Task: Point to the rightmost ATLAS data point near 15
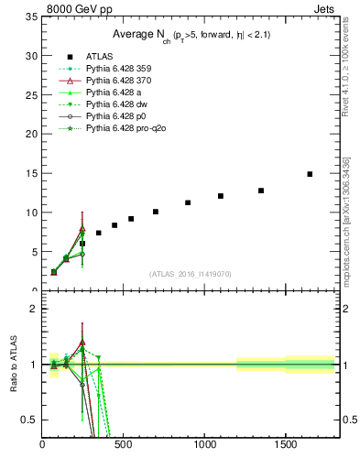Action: pyautogui.click(x=310, y=174)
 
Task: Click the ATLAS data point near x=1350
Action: pyautogui.click(x=261, y=191)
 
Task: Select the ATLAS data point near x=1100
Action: pyautogui.click(x=221, y=196)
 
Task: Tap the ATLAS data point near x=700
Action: pyautogui.click(x=156, y=212)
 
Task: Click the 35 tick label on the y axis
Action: pyautogui.click(x=31, y=16)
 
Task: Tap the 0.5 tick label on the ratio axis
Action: pyautogui.click(x=28, y=420)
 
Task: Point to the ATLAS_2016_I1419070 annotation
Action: pyautogui.click(x=191, y=274)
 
